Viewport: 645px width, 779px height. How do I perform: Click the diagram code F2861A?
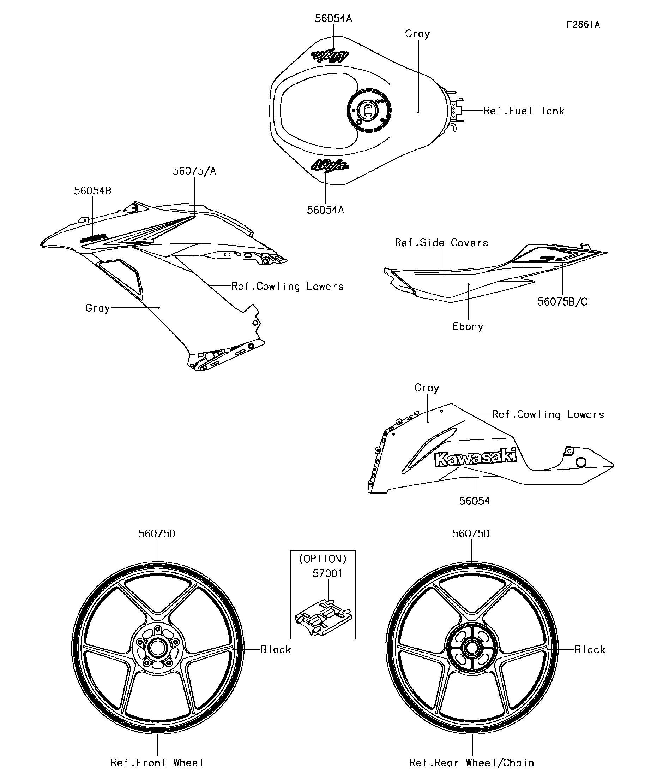[x=583, y=25]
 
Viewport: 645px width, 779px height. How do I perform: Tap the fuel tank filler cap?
[x=369, y=110]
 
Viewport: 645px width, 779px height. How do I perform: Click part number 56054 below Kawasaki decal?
[x=474, y=501]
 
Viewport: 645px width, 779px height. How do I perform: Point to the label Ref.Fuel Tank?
[x=524, y=111]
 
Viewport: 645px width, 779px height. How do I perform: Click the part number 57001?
[x=327, y=573]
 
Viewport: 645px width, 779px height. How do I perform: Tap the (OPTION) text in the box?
[x=323, y=559]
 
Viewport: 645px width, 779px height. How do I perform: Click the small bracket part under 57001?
[x=323, y=618]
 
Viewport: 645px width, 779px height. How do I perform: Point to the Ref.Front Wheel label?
[x=157, y=763]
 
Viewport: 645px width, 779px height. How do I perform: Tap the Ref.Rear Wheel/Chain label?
[x=471, y=763]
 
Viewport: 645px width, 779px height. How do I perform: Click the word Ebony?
[x=468, y=327]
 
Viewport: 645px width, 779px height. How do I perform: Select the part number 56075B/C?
[x=562, y=302]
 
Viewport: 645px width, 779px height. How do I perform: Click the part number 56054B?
[x=92, y=191]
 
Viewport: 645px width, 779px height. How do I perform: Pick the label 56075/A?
[x=194, y=171]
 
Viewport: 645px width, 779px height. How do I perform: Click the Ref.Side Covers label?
[x=441, y=243]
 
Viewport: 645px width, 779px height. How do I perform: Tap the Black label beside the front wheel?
[x=276, y=650]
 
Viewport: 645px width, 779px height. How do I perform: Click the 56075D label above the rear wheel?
[x=471, y=534]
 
